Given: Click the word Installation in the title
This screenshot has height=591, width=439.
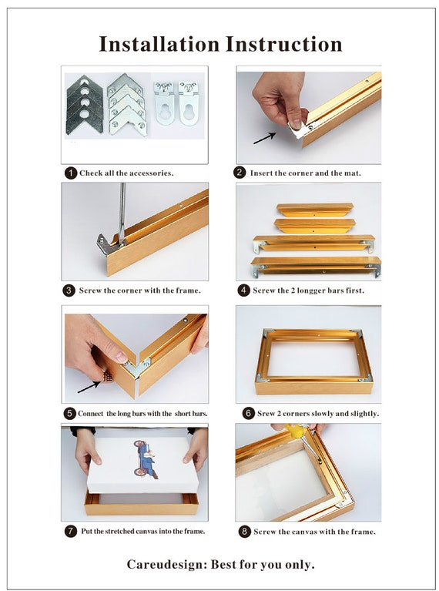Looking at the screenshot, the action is coord(159,44).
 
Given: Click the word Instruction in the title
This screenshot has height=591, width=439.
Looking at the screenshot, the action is coord(284,44).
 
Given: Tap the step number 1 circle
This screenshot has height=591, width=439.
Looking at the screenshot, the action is coord(70,173).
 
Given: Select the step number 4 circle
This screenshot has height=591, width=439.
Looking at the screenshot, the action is coord(243,290).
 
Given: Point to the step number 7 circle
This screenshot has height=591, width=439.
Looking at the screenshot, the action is coord(70,532).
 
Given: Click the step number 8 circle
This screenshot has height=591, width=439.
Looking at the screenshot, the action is coord(245,532).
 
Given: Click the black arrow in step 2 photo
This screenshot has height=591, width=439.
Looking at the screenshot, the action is coord(264,139).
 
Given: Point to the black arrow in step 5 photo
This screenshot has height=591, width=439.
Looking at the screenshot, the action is coord(89,388).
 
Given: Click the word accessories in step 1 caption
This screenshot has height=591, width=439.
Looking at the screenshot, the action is coord(150,173).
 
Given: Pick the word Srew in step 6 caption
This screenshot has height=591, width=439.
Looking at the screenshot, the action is coord(266,414).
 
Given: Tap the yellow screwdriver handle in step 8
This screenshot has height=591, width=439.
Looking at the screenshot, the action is coord(293,430).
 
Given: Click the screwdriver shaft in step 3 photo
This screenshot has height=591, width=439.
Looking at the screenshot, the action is coord(122,212).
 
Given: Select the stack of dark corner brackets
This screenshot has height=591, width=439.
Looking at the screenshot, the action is coord(85,105).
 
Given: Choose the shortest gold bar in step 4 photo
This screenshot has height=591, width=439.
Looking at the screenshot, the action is coord(315,210).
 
